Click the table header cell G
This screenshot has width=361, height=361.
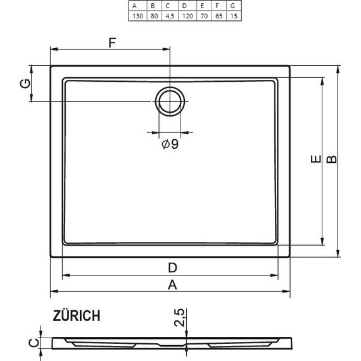click(x=233, y=5)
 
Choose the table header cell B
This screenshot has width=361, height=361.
click(x=152, y=5)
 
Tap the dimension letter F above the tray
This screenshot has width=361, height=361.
click(x=112, y=43)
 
